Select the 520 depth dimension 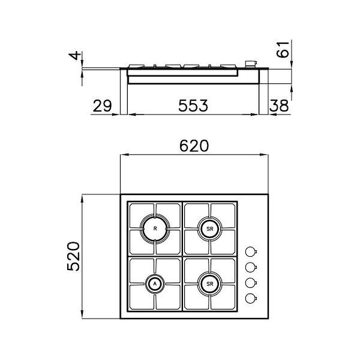coord(71,257)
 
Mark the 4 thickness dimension coord(74,56)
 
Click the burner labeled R coord(155,229)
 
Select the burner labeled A coord(155,283)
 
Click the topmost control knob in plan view coord(251,251)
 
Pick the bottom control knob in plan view coord(251,298)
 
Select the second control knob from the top coord(251,267)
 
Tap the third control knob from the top coord(251,283)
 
